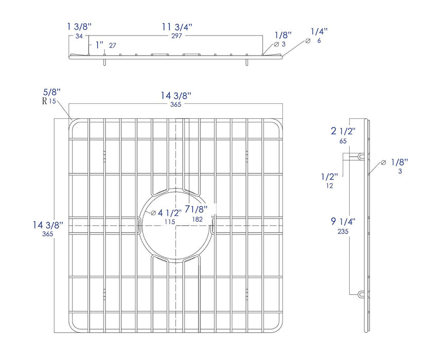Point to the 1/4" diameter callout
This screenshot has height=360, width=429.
319,32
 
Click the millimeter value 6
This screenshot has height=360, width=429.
319,41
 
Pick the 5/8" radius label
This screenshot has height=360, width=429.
51,92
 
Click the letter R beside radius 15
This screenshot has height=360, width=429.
44,101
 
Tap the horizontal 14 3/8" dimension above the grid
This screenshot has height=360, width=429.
175,96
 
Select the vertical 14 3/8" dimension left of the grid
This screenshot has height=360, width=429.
47,225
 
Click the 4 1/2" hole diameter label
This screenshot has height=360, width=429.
168,213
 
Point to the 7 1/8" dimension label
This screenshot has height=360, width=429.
196,210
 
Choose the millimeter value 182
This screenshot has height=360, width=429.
196,220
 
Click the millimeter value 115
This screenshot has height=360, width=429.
169,222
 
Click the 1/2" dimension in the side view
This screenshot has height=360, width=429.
330,176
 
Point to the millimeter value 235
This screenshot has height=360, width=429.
343,231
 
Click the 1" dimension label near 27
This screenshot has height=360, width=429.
99,45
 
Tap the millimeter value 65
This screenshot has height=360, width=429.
342,140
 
